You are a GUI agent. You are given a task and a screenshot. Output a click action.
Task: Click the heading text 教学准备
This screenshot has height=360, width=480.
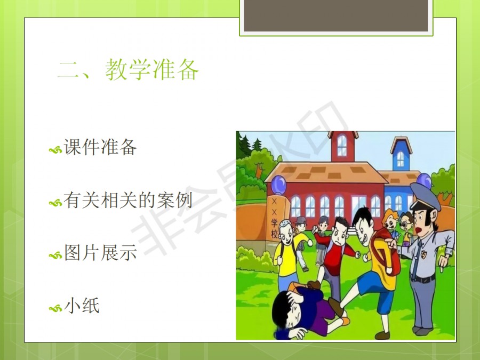pos(152,70)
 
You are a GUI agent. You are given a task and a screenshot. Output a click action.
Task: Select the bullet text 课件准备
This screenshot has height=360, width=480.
pos(100,147)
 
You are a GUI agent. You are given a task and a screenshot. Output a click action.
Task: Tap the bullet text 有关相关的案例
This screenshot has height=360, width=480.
pos(128,201)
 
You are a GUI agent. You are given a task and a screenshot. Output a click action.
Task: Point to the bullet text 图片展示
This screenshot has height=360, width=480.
pos(100,253)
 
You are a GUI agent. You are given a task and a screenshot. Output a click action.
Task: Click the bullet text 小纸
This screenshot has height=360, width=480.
pos(82,306)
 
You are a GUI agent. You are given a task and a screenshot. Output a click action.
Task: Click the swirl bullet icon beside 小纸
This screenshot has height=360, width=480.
pos(55,308)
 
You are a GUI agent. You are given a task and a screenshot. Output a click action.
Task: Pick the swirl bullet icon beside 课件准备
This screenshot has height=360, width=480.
pos(55,150)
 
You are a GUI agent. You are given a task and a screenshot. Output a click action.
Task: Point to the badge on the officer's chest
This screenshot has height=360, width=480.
pos(423,254)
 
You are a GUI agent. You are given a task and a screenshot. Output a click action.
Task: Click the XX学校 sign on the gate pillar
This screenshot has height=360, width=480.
pos(274,219)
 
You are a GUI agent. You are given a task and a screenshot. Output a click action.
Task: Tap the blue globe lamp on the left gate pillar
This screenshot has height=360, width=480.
pos(278,185)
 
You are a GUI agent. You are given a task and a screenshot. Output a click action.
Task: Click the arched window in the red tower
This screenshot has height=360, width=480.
pos(342,145)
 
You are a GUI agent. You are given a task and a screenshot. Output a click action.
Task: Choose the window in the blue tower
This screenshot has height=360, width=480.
pos(401,159)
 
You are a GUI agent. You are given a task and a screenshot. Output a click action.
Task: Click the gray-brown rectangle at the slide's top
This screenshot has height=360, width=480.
pos(336,15)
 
